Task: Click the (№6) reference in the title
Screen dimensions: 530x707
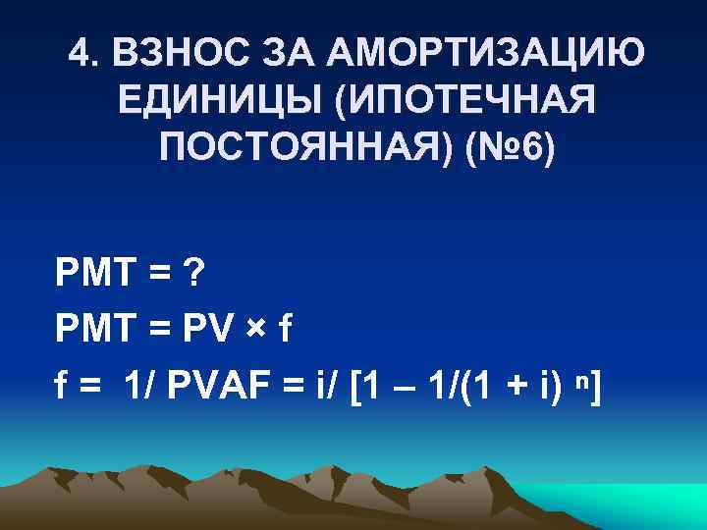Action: point(512,150)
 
